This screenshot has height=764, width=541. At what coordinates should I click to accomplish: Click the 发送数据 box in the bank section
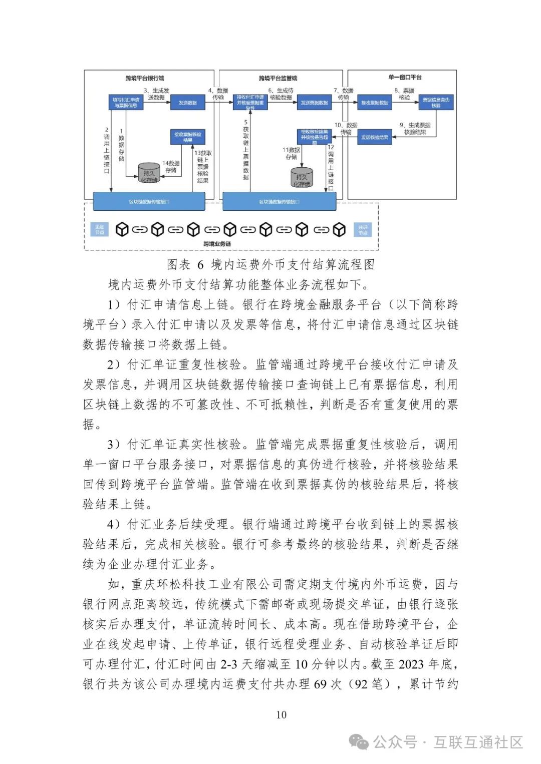click(x=188, y=103)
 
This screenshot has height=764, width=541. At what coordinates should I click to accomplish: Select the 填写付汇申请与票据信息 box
click(x=126, y=103)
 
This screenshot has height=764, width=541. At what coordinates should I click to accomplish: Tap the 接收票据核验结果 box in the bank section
click(x=188, y=137)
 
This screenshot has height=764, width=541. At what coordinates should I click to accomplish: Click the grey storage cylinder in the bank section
click(x=149, y=173)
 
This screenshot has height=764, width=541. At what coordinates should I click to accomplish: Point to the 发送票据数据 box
click(x=314, y=103)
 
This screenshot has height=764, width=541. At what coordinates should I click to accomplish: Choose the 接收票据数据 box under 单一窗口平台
click(x=375, y=103)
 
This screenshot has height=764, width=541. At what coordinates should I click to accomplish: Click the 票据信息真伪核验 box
click(x=436, y=103)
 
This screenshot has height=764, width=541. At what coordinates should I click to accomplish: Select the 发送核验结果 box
click(x=375, y=137)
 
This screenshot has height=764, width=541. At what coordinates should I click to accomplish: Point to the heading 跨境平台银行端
click(x=145, y=78)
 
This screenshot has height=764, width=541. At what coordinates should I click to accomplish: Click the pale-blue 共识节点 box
click(x=363, y=230)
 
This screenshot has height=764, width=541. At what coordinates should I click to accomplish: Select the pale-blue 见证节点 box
click(x=100, y=230)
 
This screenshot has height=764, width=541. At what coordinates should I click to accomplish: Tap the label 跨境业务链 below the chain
click(x=217, y=244)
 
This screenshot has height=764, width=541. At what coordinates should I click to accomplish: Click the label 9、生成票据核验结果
click(x=415, y=129)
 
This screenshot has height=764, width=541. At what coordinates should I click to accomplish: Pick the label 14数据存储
click(x=171, y=167)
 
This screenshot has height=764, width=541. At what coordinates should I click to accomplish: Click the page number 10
click(x=281, y=714)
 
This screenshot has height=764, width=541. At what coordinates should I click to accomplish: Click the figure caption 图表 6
click(x=185, y=264)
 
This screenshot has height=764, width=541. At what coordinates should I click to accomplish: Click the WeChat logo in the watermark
click(x=359, y=741)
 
